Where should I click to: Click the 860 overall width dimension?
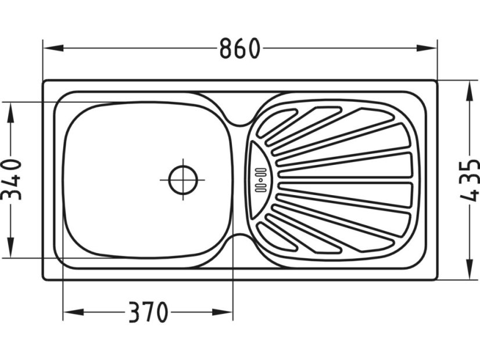click(239, 49)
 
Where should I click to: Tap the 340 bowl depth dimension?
click(11, 179)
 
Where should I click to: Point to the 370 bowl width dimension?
click(148, 314)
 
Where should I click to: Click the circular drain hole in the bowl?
click(183, 179)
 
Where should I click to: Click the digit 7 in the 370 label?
click(148, 314)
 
